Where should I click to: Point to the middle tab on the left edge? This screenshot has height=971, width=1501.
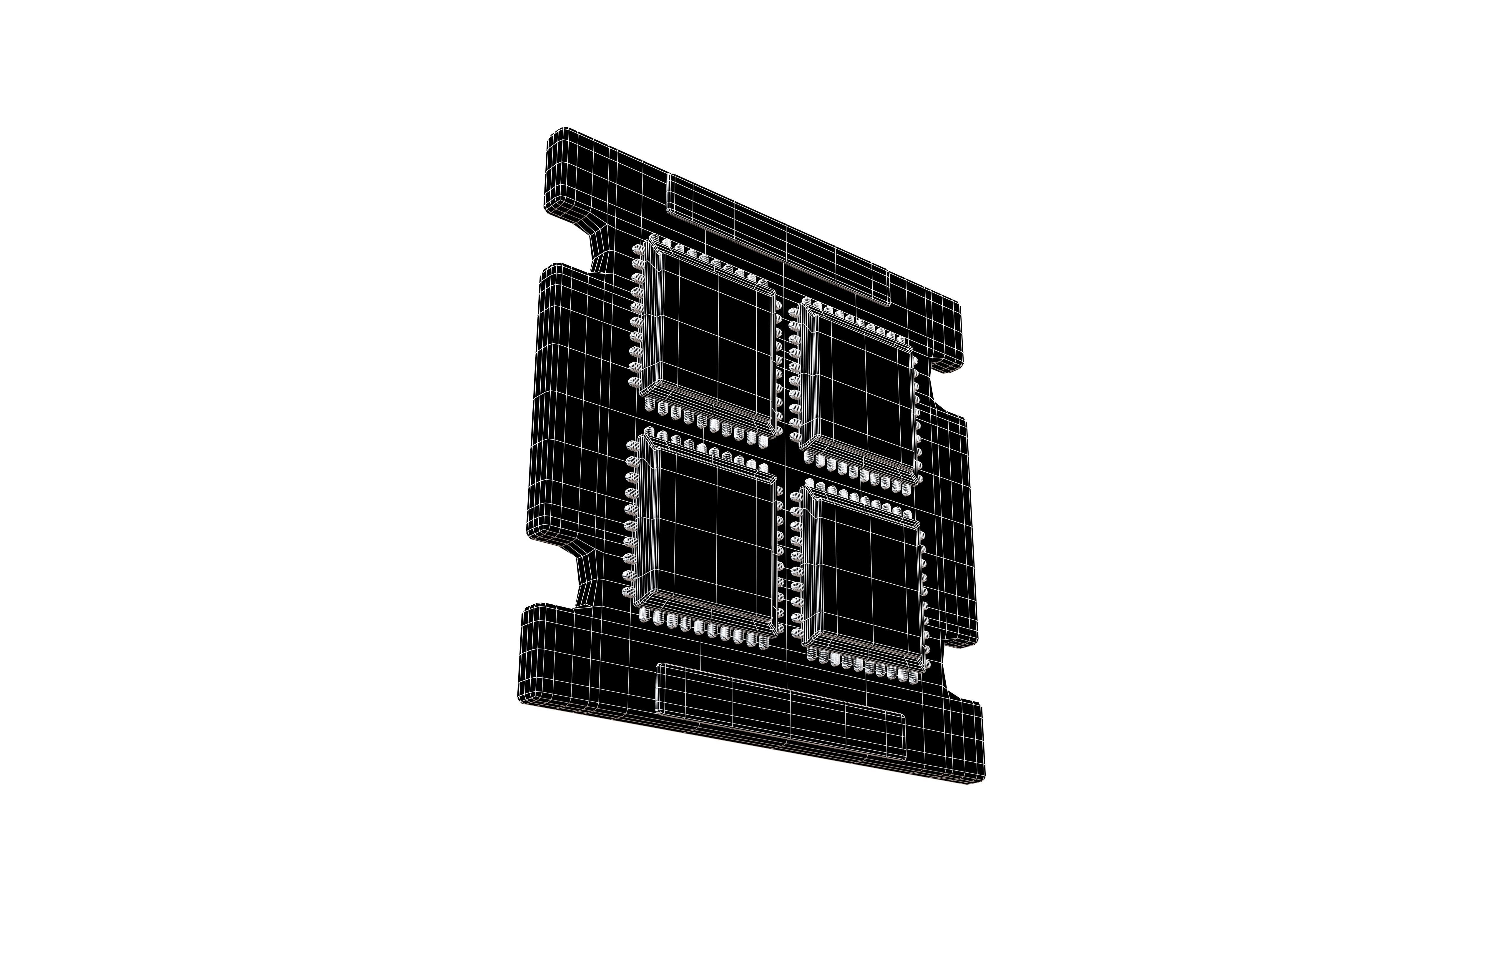tap(549, 403)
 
